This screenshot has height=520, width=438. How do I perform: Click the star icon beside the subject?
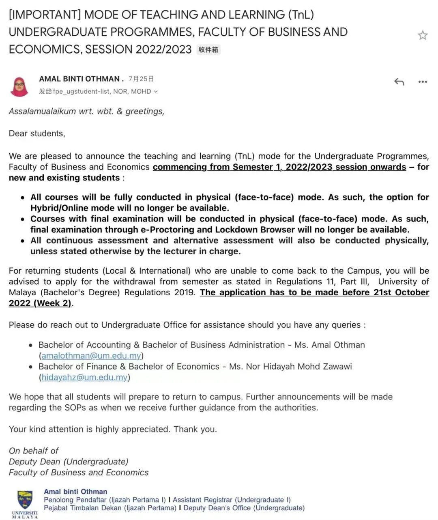coord(423,35)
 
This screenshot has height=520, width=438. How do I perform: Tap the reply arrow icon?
coord(399,82)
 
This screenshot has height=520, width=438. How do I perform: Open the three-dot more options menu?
coord(423,82)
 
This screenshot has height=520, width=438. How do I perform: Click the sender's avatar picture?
coord(19,86)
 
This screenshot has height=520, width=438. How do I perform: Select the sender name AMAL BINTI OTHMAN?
coord(79,79)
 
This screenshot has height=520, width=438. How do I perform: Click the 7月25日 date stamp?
coord(141,79)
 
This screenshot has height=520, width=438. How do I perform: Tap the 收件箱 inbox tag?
coord(208,49)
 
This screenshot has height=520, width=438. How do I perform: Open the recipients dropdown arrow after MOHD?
coord(156,92)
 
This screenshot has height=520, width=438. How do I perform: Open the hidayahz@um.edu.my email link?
coord(84,377)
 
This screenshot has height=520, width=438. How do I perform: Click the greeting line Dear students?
coord(37,133)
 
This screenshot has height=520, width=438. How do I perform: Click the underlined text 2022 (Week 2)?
coord(40,303)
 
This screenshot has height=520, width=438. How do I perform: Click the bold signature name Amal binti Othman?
coord(75,492)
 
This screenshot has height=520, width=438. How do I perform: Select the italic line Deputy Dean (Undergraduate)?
coord(69,462)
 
